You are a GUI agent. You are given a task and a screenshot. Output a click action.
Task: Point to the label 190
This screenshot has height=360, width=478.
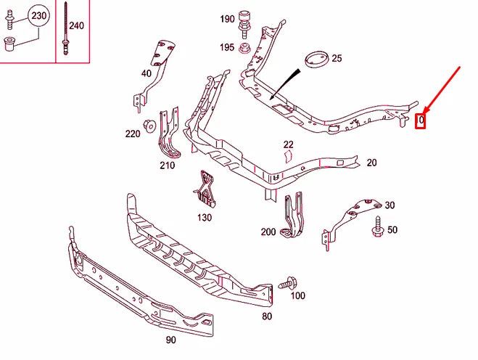tap(227, 19)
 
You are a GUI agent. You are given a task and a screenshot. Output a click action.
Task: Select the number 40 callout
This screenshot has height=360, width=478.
tap(146, 73)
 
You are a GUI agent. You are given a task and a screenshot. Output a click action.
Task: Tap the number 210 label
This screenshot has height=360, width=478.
tap(168, 165)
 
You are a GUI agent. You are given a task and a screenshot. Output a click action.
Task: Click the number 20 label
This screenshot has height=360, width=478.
tap(371, 163)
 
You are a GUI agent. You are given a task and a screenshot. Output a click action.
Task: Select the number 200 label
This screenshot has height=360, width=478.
tap(268, 232)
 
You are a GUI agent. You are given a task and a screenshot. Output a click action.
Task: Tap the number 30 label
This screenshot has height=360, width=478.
tap(390, 205)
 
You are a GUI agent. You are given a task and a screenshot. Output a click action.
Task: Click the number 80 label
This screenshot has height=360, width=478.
tap(267, 316)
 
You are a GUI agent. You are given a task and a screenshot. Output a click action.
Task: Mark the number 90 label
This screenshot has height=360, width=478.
tap(170, 340)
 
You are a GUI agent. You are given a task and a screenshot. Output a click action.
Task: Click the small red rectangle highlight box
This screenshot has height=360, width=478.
tap(420, 120)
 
